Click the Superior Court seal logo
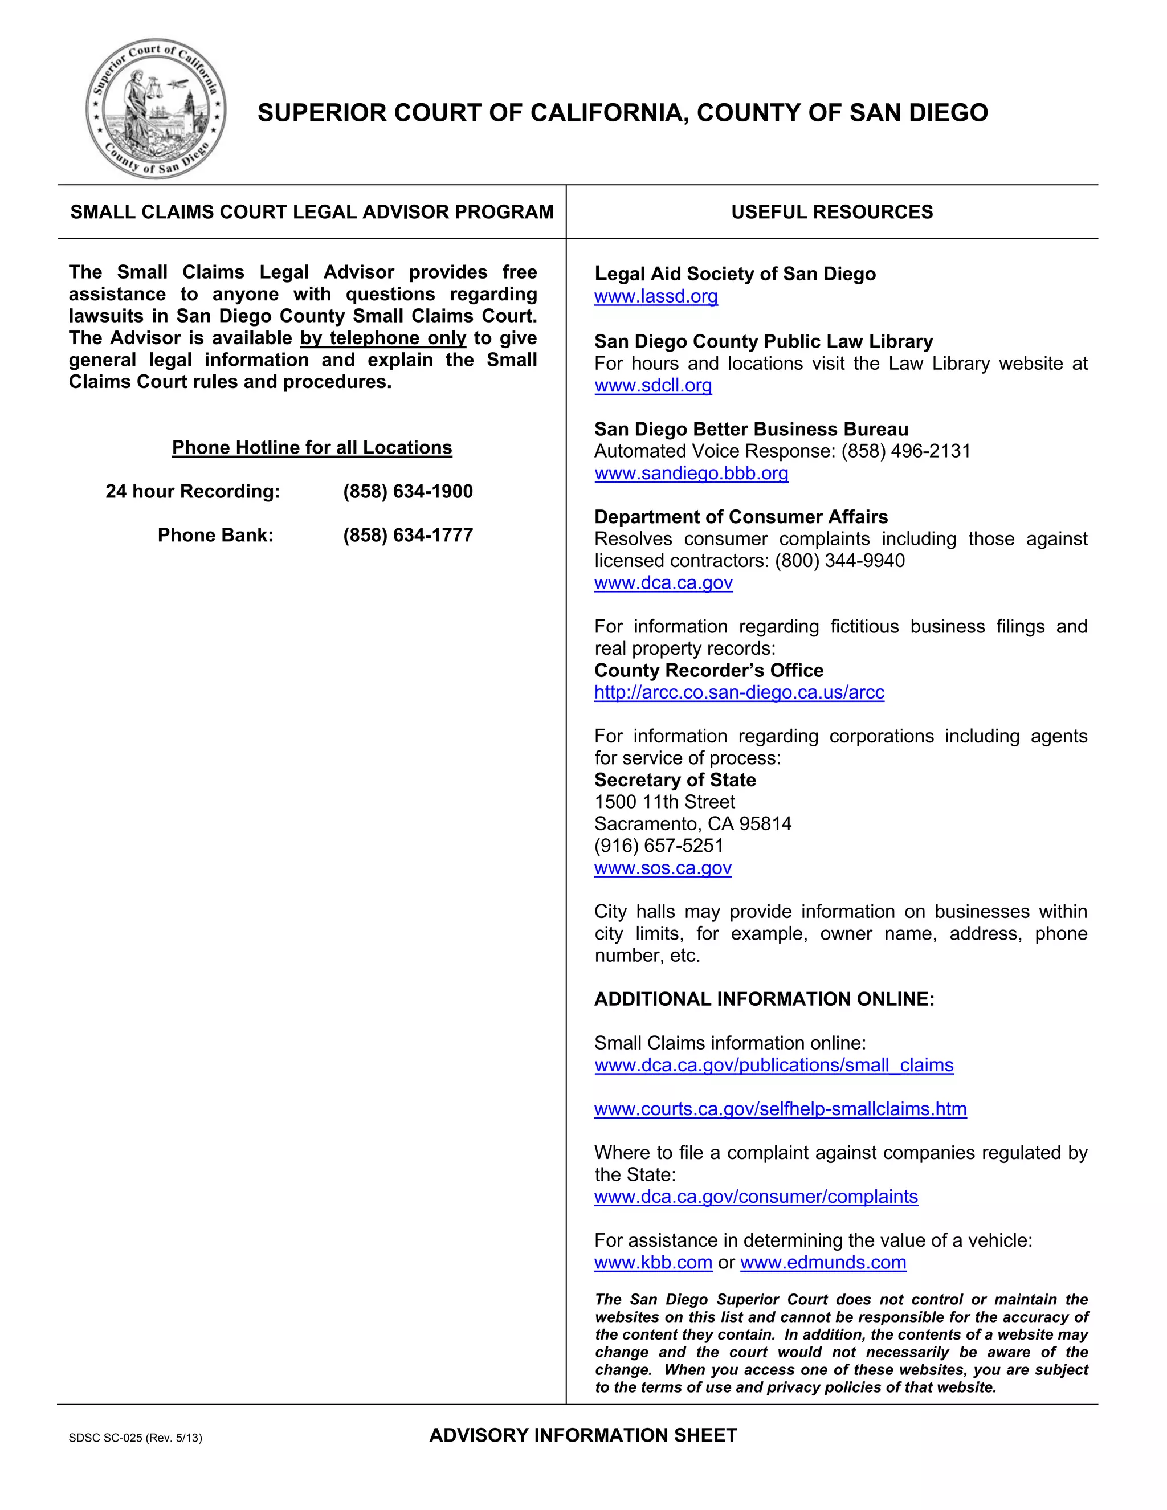pos(156,108)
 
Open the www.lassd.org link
pos(655,297)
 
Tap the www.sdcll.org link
pos(652,385)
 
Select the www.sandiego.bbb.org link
pos(691,473)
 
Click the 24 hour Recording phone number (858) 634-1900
pos(407,492)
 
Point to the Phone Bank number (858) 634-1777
pos(407,535)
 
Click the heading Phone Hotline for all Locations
pos(312,447)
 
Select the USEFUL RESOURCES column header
pos(832,211)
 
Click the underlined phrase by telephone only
pos(383,338)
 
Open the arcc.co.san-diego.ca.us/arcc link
pos(739,692)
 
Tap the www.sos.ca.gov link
pos(662,868)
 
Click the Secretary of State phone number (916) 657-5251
pos(658,846)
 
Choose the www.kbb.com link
pos(652,1263)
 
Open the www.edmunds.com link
pos(823,1263)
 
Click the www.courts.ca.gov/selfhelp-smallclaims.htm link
pos(780,1109)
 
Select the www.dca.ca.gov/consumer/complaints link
pos(756,1197)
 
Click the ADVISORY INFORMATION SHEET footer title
pos(583,1435)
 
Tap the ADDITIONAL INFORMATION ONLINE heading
pos(764,999)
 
